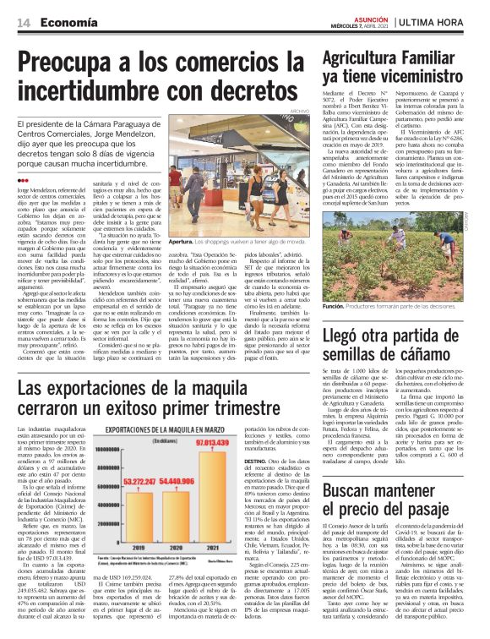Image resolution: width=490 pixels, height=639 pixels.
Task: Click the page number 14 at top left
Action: coord(24,25)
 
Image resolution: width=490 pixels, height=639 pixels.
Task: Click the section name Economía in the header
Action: coord(67,25)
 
